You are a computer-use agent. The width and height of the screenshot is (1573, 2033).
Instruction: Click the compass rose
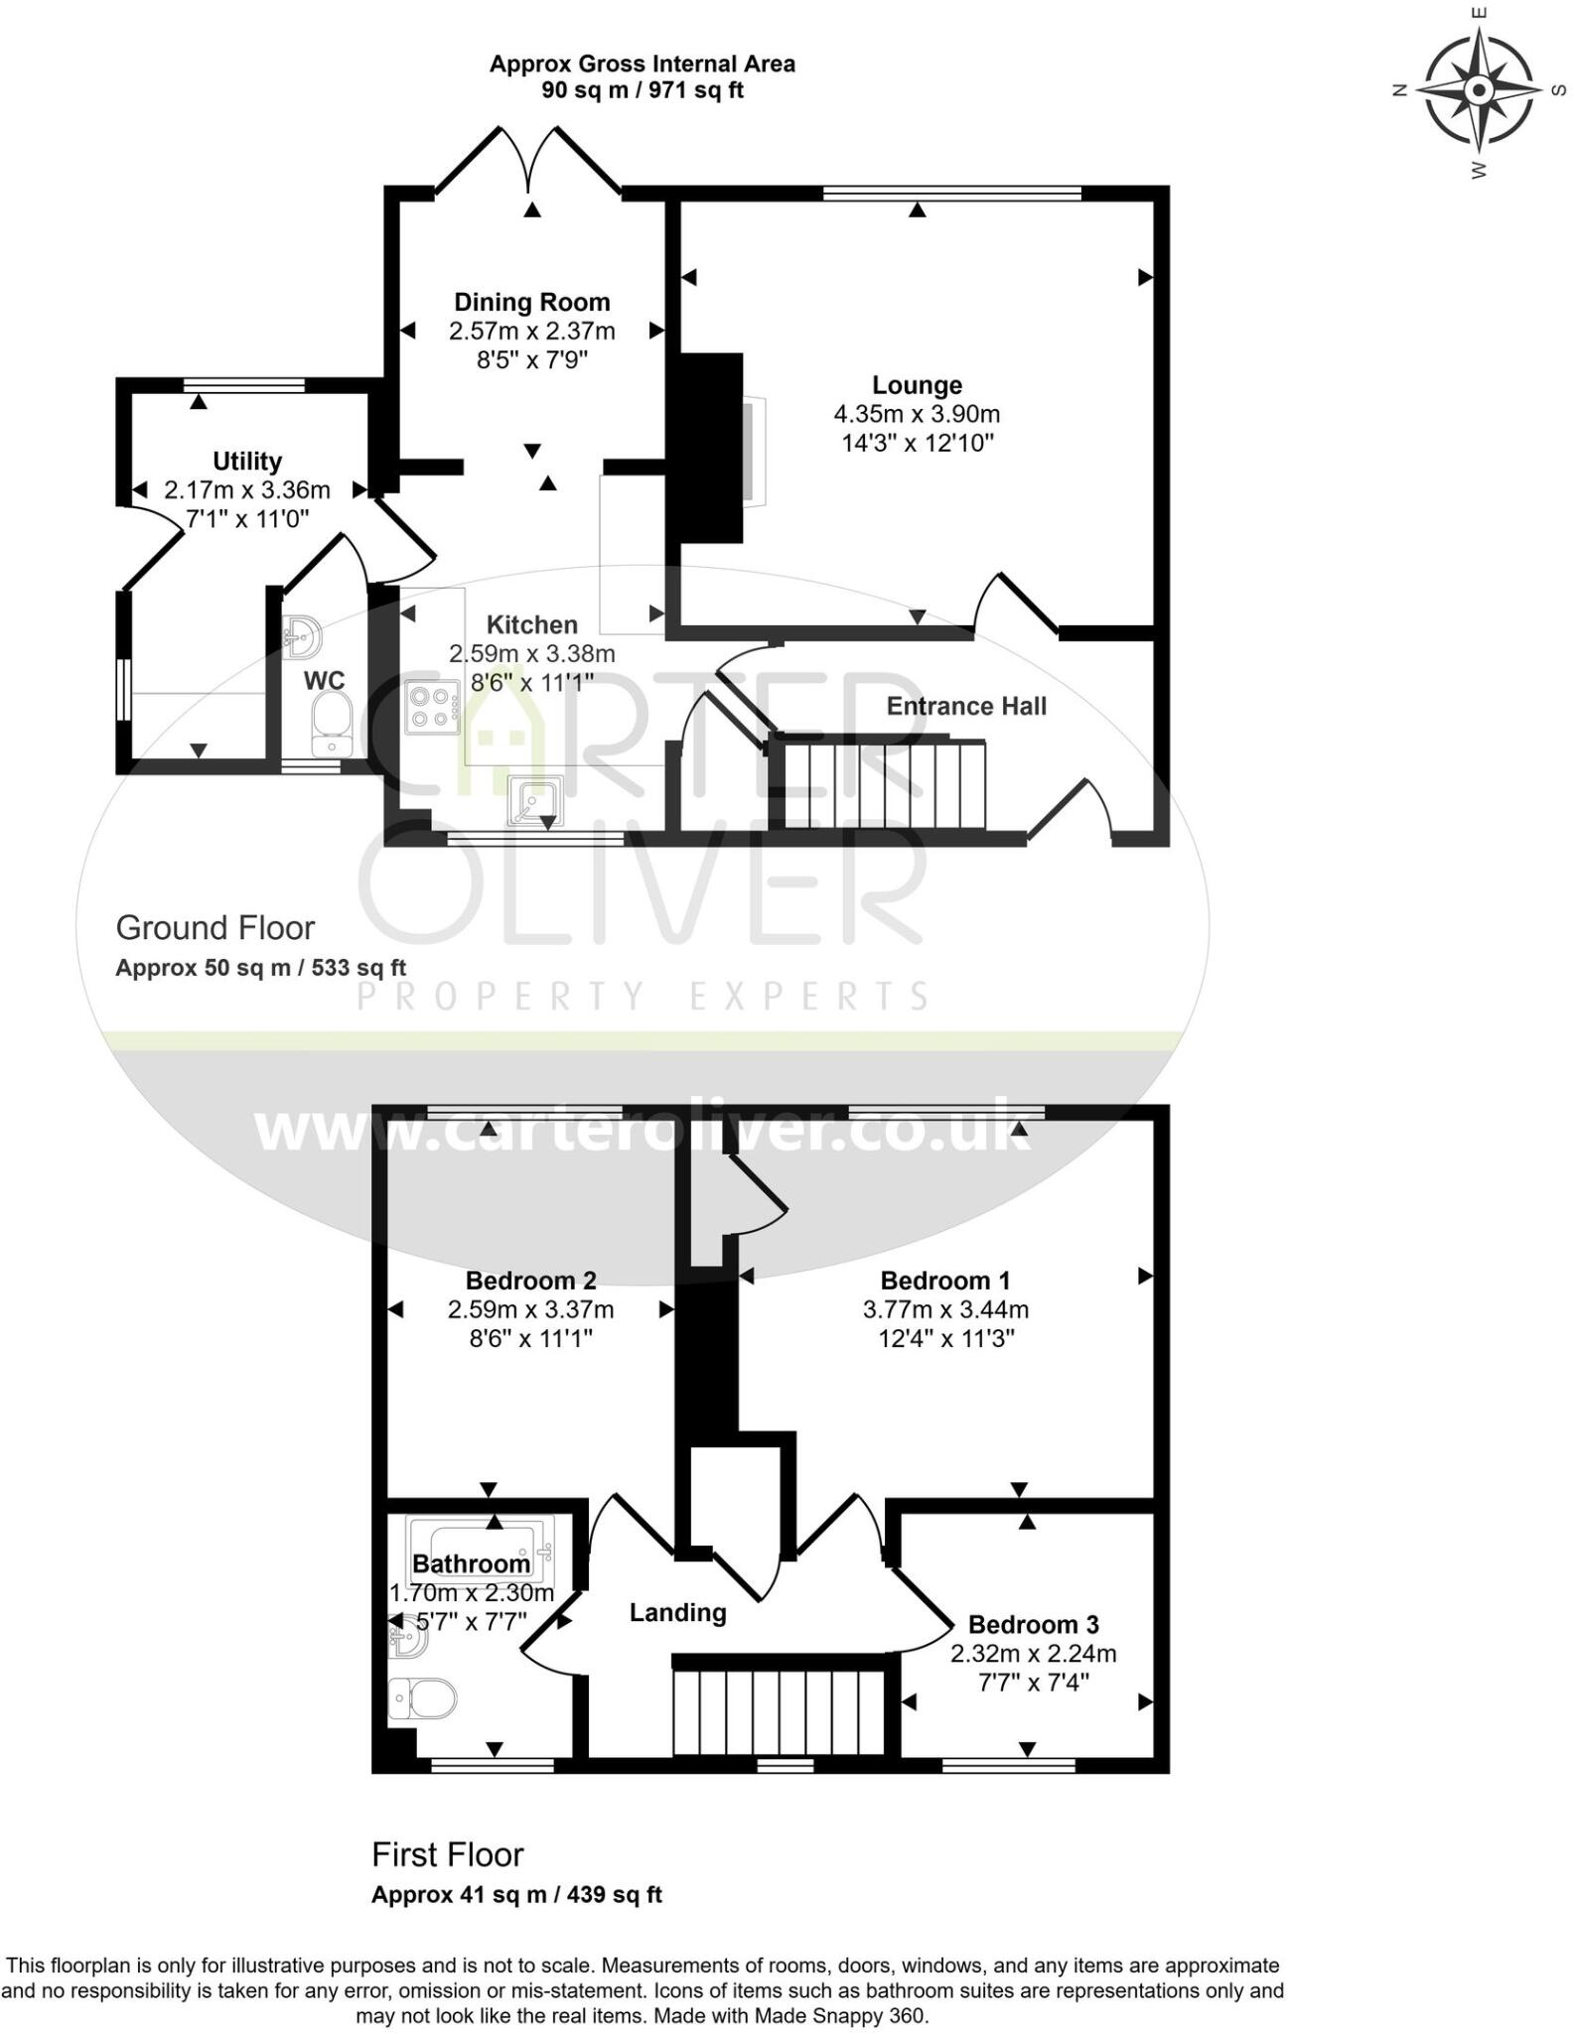1479,90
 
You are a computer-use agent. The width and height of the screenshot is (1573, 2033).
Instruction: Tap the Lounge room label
917,385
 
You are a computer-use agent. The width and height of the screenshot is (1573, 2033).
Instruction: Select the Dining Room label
531,302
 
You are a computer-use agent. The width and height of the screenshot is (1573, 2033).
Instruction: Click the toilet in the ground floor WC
331,724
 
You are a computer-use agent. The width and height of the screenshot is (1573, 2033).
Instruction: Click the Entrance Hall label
966,706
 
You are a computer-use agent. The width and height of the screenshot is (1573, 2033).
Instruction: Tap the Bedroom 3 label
1033,1624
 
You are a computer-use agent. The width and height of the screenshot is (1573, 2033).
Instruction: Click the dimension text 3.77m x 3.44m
945,1309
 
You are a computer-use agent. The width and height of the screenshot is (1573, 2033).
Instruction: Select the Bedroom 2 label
530,1281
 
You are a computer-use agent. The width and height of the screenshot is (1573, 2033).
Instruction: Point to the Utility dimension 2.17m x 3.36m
247,489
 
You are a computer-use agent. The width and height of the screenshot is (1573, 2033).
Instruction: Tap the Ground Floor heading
214,927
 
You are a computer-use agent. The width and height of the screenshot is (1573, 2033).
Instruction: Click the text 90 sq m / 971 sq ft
642,90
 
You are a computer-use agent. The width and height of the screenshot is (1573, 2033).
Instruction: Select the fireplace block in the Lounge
710,447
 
